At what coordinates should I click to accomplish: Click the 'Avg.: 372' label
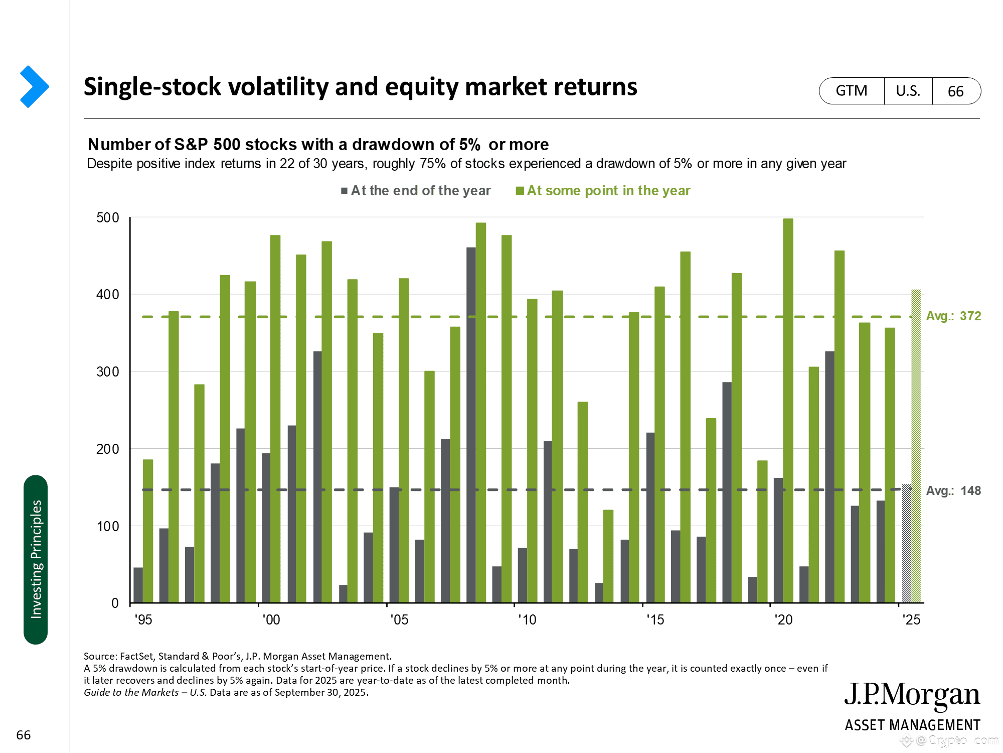[953, 316]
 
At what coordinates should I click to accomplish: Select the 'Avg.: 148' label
[953, 490]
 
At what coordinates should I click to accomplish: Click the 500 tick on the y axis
[108, 218]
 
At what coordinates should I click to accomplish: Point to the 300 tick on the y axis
[108, 372]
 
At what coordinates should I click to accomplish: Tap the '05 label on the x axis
[399, 620]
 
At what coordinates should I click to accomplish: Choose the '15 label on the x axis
[655, 620]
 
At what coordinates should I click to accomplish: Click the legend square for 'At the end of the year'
[345, 191]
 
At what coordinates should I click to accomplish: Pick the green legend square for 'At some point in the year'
[520, 191]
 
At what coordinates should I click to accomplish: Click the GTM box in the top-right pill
[852, 91]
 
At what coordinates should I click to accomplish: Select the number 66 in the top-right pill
[955, 91]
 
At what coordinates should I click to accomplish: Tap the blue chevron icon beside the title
[34, 87]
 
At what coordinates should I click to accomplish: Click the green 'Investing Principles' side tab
[36, 559]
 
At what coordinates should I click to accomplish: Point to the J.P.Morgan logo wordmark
[912, 695]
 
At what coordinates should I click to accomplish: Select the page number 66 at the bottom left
[24, 735]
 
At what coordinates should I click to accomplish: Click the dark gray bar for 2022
[829, 477]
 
